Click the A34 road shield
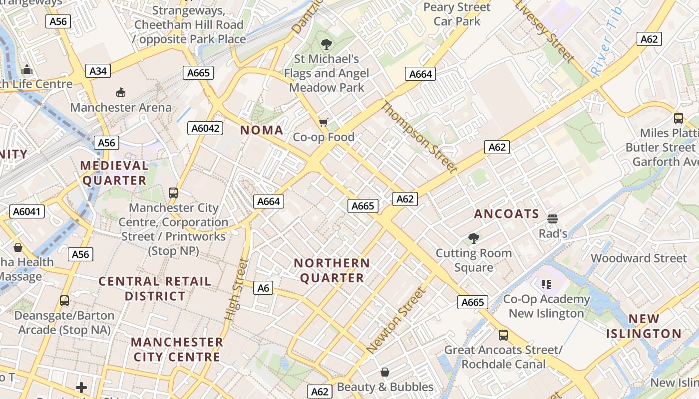98,71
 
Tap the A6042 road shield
206,128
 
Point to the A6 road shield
263,288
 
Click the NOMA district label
262,130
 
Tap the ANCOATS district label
507,214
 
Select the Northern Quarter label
332,270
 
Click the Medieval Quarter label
114,173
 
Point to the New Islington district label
644,326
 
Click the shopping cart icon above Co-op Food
324,122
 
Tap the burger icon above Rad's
553,218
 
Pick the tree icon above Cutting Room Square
473,238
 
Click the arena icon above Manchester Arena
121,92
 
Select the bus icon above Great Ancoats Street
503,335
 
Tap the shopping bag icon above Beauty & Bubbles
385,372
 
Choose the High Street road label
237,289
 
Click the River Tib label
606,42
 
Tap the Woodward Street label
639,258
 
